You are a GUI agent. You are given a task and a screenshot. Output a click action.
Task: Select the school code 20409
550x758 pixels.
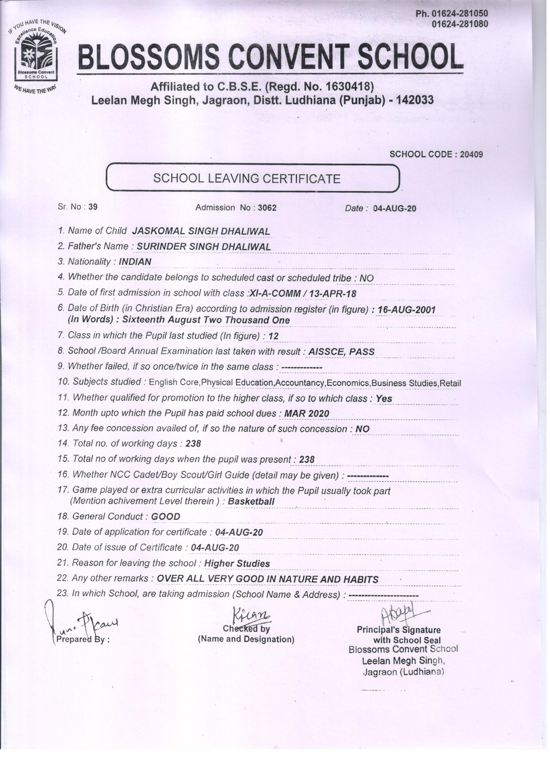tap(471, 154)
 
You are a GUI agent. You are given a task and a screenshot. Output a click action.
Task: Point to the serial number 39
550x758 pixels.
tap(93, 207)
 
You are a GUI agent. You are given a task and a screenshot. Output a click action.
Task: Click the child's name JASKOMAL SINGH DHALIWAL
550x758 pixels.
tap(201, 231)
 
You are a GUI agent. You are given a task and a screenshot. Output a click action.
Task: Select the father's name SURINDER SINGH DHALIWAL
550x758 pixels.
tap(204, 247)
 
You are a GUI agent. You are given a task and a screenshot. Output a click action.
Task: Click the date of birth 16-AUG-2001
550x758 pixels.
tap(406, 310)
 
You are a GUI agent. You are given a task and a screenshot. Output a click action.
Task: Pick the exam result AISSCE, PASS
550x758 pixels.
tap(341, 351)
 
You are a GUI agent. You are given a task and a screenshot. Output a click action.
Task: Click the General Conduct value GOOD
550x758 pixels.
tap(165, 517)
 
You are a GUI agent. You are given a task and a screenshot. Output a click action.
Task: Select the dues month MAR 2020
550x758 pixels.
tap(306, 414)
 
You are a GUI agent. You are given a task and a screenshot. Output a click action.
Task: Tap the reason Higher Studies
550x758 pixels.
tap(237, 563)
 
